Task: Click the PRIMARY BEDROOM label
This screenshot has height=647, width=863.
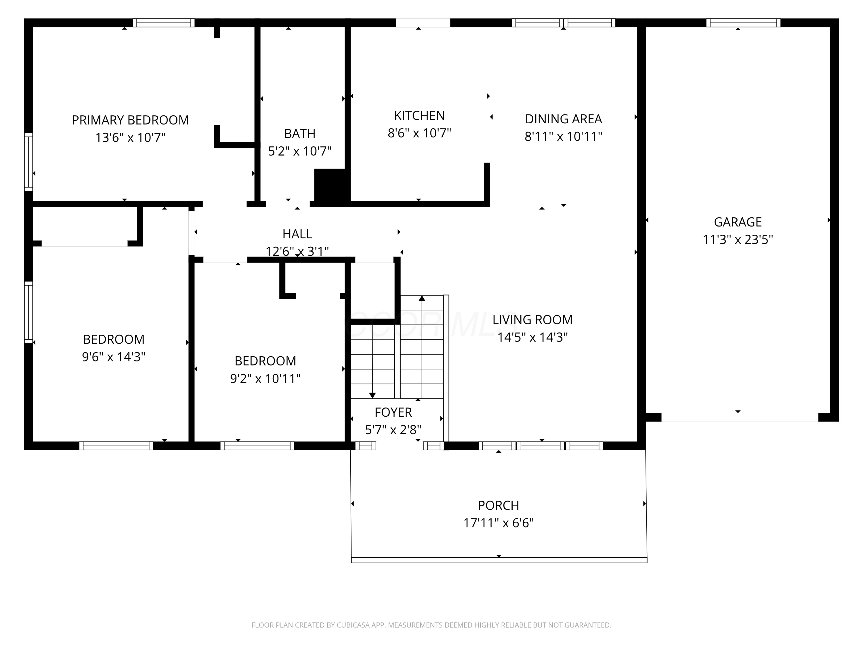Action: click(x=130, y=120)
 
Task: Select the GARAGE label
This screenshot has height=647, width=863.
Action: click(x=738, y=222)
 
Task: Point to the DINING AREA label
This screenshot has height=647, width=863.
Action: click(x=563, y=119)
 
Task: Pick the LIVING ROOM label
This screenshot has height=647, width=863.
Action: click(x=532, y=320)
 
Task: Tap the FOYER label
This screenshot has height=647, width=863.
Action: click(x=393, y=412)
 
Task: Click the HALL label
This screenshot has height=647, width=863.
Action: click(x=297, y=234)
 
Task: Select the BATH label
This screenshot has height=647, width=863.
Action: click(x=300, y=134)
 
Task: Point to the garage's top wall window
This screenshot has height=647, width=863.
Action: click(x=743, y=23)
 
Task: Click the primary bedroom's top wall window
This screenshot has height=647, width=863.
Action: click(x=163, y=23)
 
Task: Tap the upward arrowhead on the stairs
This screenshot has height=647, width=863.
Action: click(x=422, y=298)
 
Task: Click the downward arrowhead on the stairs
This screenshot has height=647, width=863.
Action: click(x=372, y=395)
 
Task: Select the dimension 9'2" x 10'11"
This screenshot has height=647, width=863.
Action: click(x=265, y=379)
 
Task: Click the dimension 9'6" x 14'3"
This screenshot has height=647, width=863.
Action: click(x=114, y=357)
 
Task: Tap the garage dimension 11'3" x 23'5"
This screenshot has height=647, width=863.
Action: click(x=738, y=240)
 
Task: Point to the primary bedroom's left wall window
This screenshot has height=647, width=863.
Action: click(x=28, y=162)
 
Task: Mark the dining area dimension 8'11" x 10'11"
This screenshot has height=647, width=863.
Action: click(x=563, y=137)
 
